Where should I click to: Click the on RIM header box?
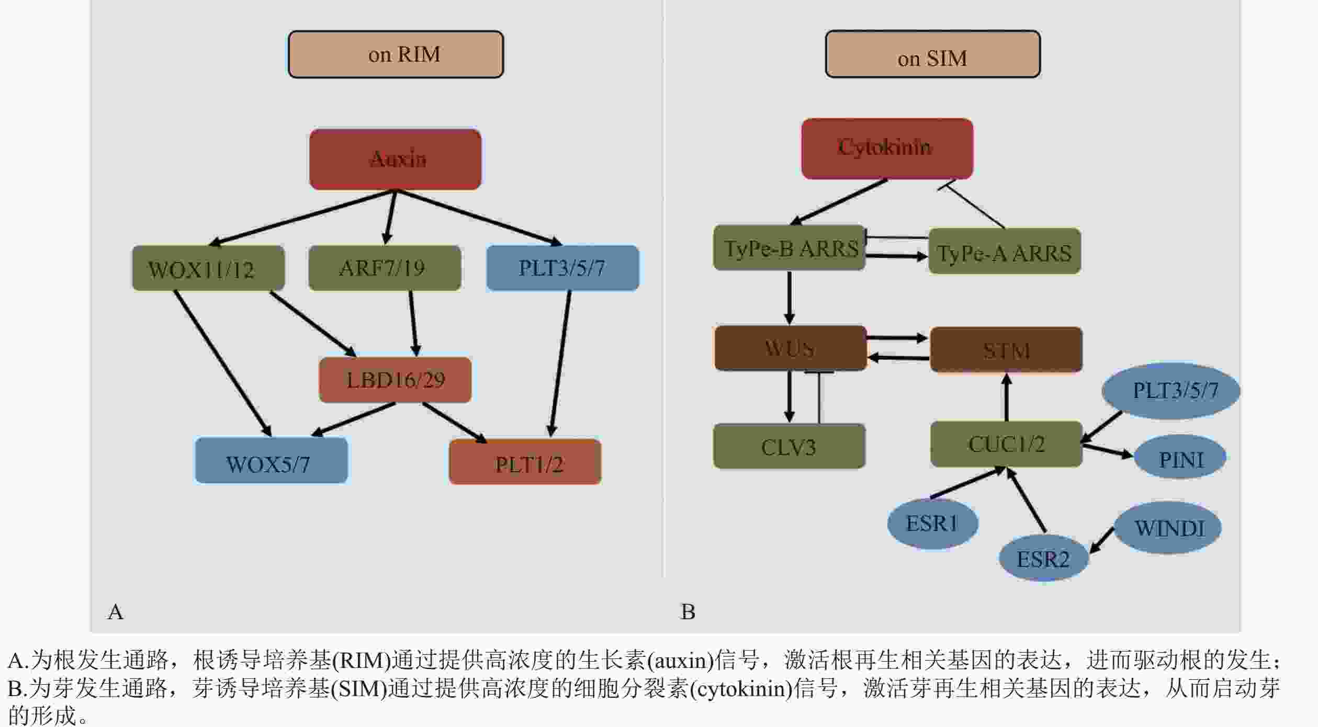[396, 54]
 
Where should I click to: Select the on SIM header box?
[932, 54]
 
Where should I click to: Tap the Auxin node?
[395, 159]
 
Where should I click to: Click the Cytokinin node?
[887, 149]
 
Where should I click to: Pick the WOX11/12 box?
[208, 268]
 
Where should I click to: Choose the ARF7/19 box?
[385, 268]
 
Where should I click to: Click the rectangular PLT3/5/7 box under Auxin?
[562, 268]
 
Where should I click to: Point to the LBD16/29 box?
[395, 380]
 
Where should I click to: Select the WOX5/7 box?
[271, 460]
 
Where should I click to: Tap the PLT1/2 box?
[525, 462]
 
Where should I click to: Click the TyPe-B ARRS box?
[789, 248]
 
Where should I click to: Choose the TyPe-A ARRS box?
[1005, 251]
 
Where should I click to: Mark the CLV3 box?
[789, 446]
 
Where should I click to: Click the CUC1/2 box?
[1006, 444]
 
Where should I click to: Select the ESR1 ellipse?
[932, 523]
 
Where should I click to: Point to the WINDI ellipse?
[1168, 528]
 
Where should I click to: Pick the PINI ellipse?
[1180, 457]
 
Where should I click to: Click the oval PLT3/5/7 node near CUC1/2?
[1171, 391]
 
